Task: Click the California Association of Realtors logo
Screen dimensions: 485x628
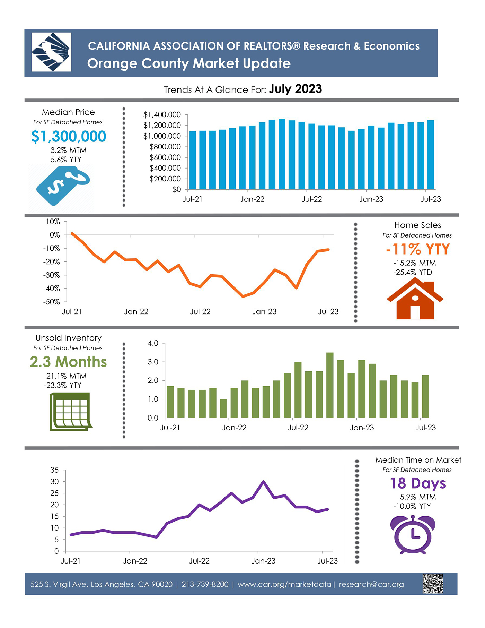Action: (x=51, y=52)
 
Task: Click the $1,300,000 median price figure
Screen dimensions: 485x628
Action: (x=69, y=136)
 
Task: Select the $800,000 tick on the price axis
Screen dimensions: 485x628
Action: (x=165, y=147)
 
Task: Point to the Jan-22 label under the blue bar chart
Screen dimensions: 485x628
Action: (x=252, y=199)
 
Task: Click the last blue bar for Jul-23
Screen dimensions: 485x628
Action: (x=431, y=155)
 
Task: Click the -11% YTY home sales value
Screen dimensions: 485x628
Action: (x=418, y=249)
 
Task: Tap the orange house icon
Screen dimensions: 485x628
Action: (x=415, y=299)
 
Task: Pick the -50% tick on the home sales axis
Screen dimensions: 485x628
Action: (x=52, y=302)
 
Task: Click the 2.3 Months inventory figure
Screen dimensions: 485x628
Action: (x=68, y=362)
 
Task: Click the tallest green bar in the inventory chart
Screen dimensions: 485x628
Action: (x=330, y=385)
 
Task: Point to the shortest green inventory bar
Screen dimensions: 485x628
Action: (x=223, y=408)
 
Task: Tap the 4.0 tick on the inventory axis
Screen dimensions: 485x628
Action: (x=153, y=343)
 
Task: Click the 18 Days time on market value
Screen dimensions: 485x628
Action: (x=418, y=483)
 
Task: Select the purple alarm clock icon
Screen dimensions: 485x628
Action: (x=413, y=534)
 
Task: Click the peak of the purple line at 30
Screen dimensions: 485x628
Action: (x=263, y=481)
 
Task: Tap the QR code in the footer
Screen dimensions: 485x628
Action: (x=433, y=584)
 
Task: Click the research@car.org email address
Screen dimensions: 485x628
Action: (x=371, y=584)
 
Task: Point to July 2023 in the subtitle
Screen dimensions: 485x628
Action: (x=296, y=89)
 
